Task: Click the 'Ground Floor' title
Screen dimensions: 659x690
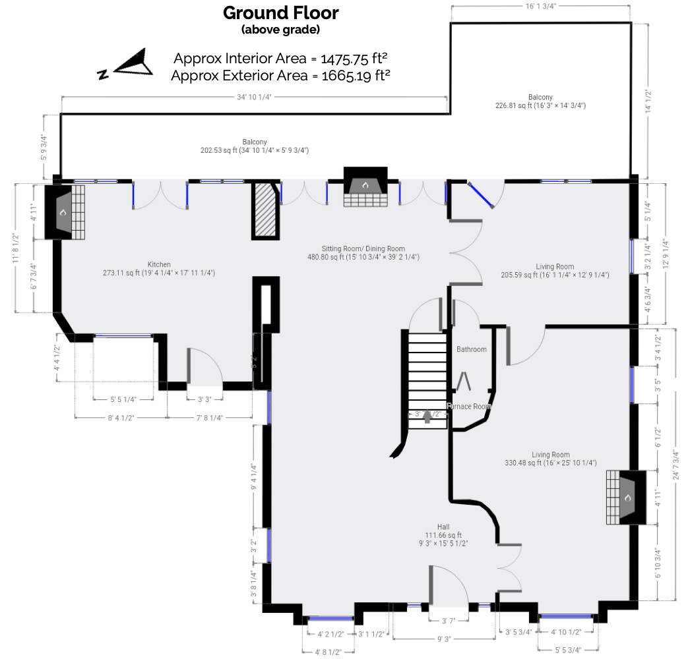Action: pyautogui.click(x=281, y=13)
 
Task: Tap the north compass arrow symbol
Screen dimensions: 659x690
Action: pyautogui.click(x=134, y=63)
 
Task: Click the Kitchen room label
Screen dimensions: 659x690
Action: pyautogui.click(x=159, y=264)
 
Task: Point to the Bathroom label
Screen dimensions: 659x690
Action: pyautogui.click(x=471, y=349)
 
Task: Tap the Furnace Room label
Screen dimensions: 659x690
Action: pyautogui.click(x=468, y=407)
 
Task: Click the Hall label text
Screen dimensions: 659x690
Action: pyautogui.click(x=443, y=527)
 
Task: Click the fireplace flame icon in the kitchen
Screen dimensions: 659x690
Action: pyautogui.click(x=63, y=213)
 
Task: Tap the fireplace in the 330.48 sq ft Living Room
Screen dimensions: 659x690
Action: pyautogui.click(x=627, y=498)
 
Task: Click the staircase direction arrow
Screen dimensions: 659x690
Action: pyautogui.click(x=427, y=415)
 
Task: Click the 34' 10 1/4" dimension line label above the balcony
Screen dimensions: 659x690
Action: pyautogui.click(x=254, y=97)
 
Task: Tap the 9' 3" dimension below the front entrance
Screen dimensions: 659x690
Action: pyautogui.click(x=443, y=639)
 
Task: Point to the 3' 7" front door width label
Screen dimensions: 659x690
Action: pyautogui.click(x=449, y=620)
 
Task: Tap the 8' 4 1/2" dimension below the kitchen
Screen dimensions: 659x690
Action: pyautogui.click(x=120, y=417)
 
